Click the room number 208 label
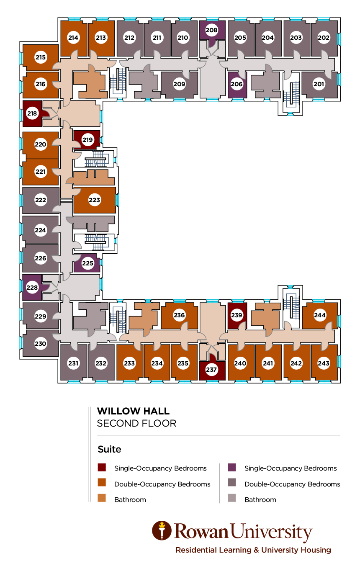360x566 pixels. pyautogui.click(x=212, y=30)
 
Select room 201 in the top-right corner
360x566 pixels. pyautogui.click(x=319, y=84)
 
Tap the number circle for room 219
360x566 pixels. pyautogui.click(x=87, y=139)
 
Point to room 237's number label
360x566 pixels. pyautogui.click(x=212, y=370)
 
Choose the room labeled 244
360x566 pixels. pyautogui.click(x=320, y=315)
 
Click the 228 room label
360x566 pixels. pyautogui.click(x=32, y=288)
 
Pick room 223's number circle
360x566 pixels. pyautogui.click(x=95, y=200)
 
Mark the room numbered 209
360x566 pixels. pyautogui.click(x=179, y=84)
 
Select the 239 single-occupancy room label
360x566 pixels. pyautogui.click(x=237, y=315)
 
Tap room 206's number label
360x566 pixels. pyautogui.click(x=237, y=84)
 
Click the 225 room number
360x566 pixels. pyautogui.click(x=87, y=264)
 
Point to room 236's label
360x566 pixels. pyautogui.click(x=179, y=315)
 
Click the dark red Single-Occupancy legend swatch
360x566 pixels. pyautogui.click(x=102, y=468)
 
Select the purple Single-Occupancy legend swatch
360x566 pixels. pyautogui.click(x=232, y=468)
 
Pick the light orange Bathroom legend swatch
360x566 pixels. pyautogui.click(x=102, y=499)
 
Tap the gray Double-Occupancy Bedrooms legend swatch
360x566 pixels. pyautogui.click(x=232, y=483)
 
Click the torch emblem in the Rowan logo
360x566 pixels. pyautogui.click(x=162, y=531)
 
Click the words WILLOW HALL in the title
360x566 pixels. pyautogui.click(x=133, y=411)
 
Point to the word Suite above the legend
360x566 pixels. pyautogui.click(x=109, y=449)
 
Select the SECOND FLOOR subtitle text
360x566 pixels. pyautogui.click(x=136, y=423)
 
